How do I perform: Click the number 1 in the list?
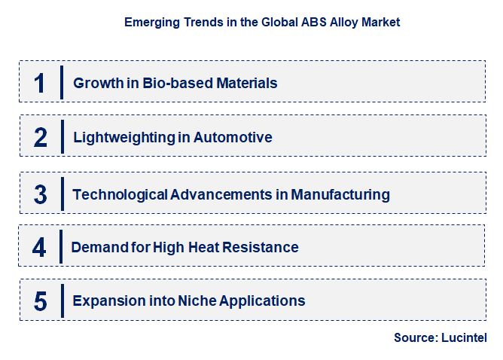coord(40,83)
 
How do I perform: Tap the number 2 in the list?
coord(40,138)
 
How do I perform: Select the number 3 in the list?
coord(40,194)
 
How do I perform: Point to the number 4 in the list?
coord(40,247)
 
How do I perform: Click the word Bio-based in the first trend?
coord(171,83)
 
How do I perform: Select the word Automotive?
coord(233,138)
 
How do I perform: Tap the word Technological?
coord(120,194)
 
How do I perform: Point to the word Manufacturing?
coord(340,194)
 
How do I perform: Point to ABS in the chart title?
coord(298,23)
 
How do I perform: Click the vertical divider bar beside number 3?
coord(62,194)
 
